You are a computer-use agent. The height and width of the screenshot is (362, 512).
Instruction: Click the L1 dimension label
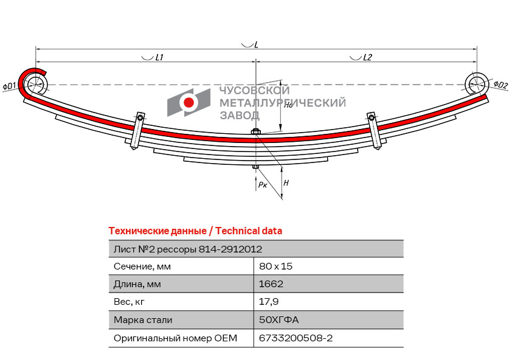[x=159, y=58]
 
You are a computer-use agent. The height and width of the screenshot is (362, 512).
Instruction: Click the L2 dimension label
[x=367, y=58]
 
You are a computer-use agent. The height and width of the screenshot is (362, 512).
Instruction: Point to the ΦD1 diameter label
[x=10, y=86]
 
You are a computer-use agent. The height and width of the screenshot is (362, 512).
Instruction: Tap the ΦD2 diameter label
[x=500, y=85]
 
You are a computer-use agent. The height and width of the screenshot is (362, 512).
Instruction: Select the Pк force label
[x=263, y=184]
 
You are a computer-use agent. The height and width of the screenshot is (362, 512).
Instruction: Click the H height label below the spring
[x=286, y=183]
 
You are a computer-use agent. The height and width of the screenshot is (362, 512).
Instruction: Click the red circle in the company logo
[x=189, y=102]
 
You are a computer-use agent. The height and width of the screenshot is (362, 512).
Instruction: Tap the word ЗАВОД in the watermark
[x=240, y=116]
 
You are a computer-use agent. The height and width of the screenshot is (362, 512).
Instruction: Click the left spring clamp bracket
[x=137, y=131]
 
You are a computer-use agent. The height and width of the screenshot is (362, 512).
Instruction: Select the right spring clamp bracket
[x=375, y=131]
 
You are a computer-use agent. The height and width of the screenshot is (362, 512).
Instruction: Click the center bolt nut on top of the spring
[x=255, y=132]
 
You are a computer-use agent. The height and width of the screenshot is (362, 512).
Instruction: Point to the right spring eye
[x=476, y=83]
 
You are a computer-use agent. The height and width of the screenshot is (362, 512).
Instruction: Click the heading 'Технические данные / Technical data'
[x=195, y=231]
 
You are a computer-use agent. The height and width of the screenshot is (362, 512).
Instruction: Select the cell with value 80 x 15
[x=276, y=266]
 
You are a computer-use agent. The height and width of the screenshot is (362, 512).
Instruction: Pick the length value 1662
[x=271, y=284]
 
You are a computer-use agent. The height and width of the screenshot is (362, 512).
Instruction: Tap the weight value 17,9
[x=269, y=302]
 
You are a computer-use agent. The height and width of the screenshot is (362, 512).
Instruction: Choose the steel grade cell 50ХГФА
[x=279, y=319]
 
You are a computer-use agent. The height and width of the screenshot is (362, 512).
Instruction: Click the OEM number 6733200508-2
[x=296, y=338]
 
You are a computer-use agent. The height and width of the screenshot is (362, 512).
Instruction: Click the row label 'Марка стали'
[x=143, y=320]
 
